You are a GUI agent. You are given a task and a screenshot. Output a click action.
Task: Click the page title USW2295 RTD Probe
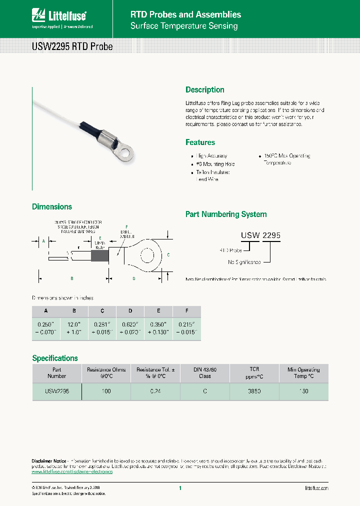click(x=72, y=47)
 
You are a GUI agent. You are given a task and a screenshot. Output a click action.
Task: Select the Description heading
click(x=204, y=90)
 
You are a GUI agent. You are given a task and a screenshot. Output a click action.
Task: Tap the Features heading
click(x=200, y=142)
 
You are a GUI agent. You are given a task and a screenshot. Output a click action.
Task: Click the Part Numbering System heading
click(x=226, y=214)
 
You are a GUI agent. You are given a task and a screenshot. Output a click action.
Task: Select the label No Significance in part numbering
click(x=244, y=262)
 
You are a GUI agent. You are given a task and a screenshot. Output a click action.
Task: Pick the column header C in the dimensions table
click(x=102, y=311)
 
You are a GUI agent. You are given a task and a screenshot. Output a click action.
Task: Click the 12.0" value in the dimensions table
click(x=73, y=323)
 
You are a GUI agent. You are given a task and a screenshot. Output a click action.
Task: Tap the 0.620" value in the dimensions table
click(x=130, y=323)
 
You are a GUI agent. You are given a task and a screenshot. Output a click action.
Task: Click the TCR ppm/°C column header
click(x=254, y=372)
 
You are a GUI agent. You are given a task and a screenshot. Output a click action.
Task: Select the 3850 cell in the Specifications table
click(x=254, y=391)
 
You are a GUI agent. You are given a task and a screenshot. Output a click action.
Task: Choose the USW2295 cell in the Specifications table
click(x=56, y=391)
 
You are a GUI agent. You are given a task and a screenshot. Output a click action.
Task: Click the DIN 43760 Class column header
click(x=204, y=372)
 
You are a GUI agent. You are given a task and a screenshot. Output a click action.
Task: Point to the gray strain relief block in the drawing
click(x=99, y=256)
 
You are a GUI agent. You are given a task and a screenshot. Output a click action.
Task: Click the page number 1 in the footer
click(x=179, y=488)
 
